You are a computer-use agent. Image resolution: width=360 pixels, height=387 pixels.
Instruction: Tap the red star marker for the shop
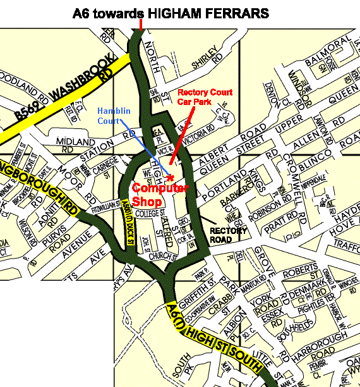[171, 178]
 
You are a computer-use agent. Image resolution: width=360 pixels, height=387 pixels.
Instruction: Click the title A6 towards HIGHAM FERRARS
[171, 12]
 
